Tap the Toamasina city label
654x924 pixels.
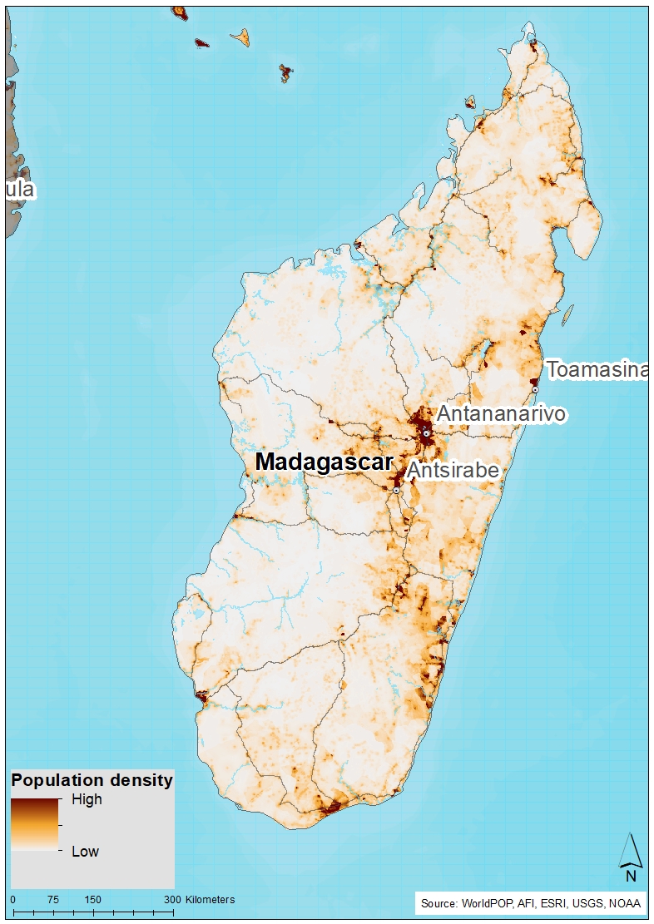coord(597,370)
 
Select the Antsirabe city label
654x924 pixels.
coord(453,471)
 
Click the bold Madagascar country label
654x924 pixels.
coord(324,462)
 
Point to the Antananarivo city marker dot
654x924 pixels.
coord(426,433)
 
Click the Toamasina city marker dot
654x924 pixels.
coord(536,389)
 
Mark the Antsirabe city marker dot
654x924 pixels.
coord(397,491)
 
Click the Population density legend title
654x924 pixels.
coord(92,780)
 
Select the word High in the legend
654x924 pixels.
coord(87,799)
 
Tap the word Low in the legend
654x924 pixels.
coord(85,852)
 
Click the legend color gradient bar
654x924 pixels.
coord(34,823)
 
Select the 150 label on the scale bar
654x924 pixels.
coord(92,900)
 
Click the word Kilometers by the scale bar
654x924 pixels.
coord(211,900)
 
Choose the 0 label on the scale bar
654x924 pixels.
coord(12,900)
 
